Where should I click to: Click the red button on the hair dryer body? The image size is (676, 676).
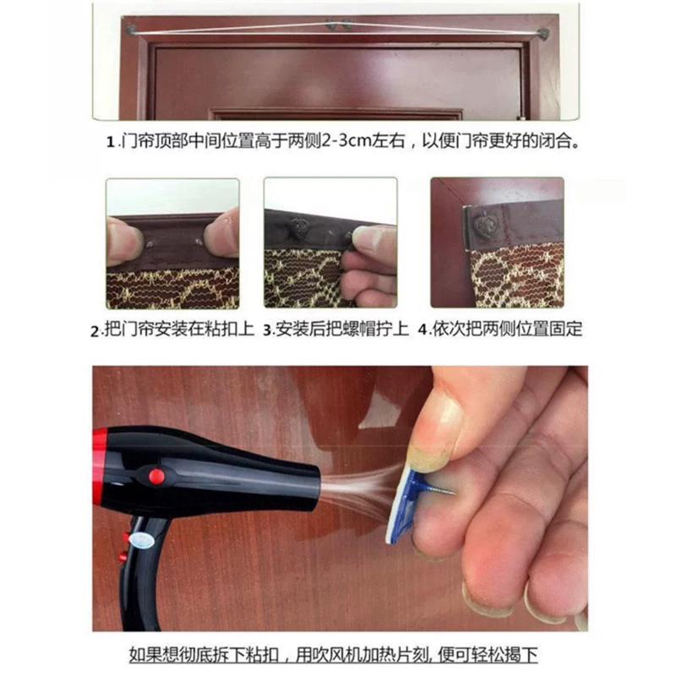click(155, 476)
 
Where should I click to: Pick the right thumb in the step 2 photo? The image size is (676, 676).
click(222, 233)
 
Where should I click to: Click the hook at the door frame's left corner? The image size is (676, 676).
click(132, 31)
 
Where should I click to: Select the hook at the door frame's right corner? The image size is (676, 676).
click(542, 35)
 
